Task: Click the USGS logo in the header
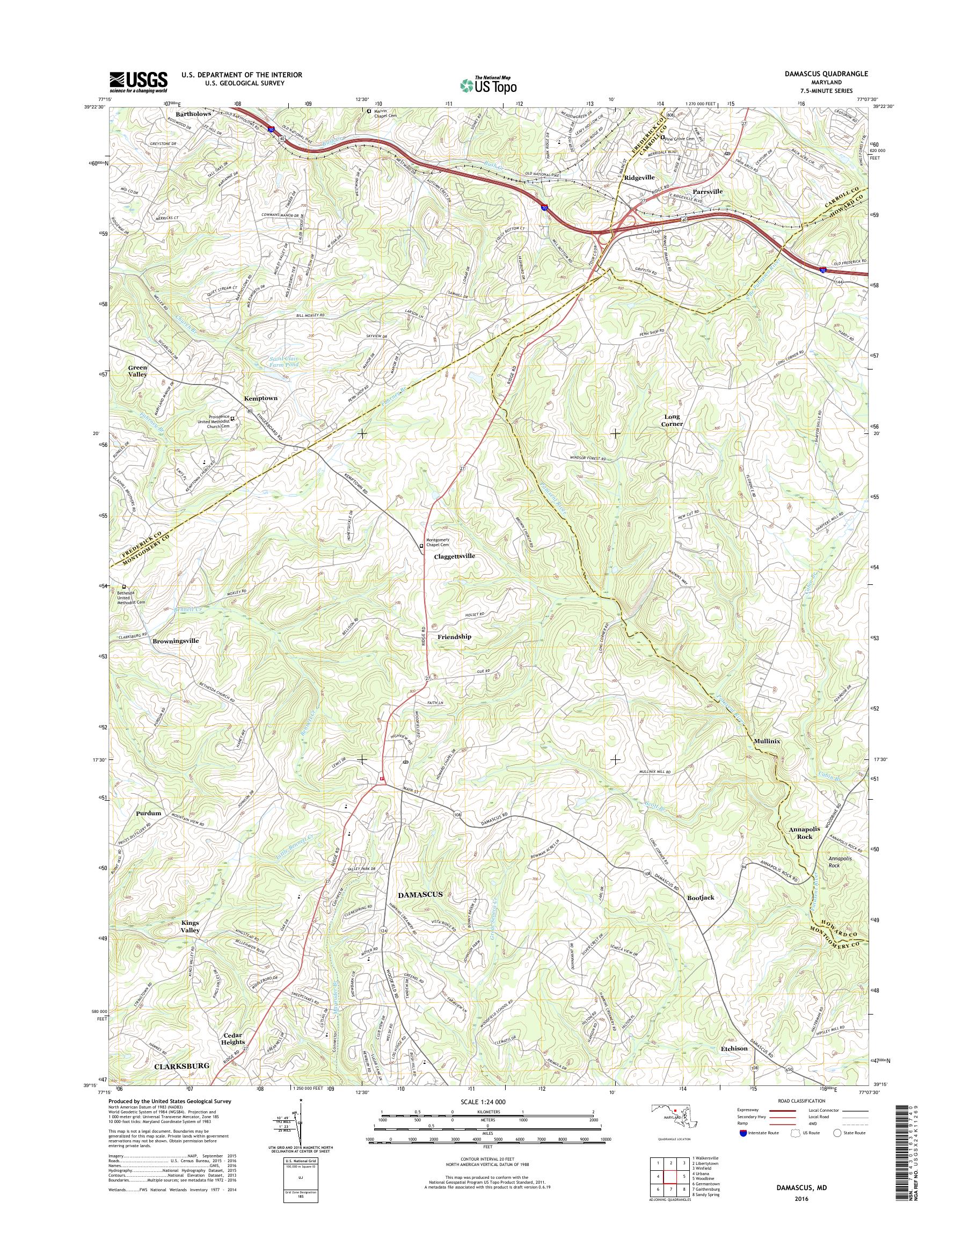138,82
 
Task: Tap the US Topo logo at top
488,85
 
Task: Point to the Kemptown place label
260,398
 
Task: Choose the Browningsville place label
176,641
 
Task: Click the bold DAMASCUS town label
420,894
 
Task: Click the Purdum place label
149,813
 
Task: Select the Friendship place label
454,636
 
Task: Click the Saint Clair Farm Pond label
289,363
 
